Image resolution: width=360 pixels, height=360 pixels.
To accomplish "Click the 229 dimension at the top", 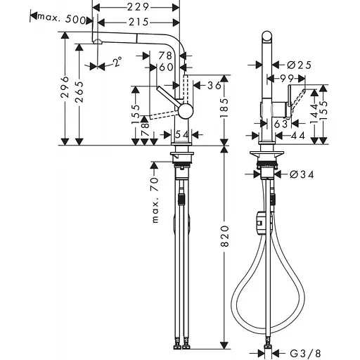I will click(x=139, y=6).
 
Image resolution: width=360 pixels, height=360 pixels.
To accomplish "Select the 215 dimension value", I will click(x=139, y=23).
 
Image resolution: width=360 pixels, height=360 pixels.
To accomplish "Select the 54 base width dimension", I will click(x=181, y=134).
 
